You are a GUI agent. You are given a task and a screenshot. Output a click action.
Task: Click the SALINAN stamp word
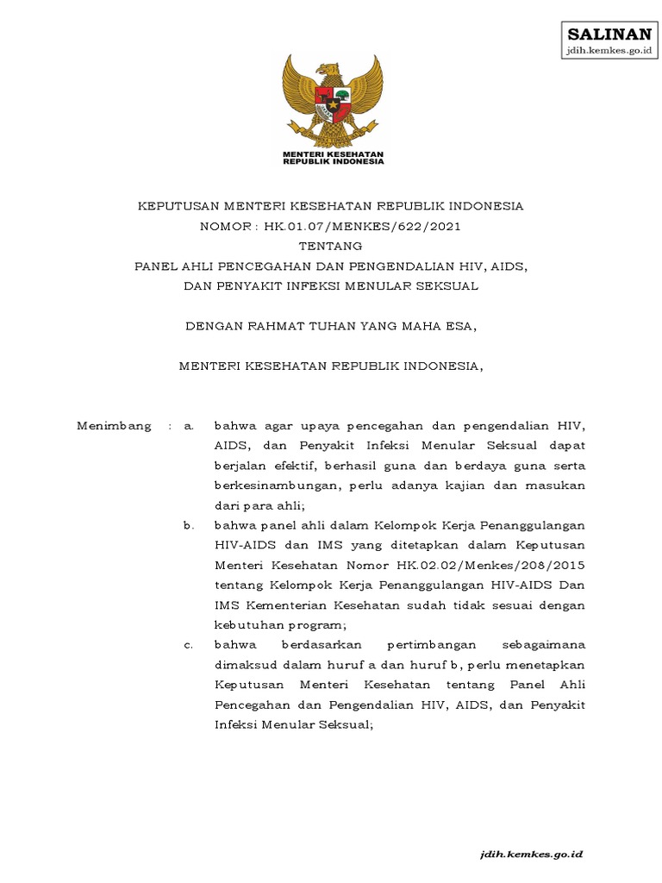pyautogui.click(x=609, y=34)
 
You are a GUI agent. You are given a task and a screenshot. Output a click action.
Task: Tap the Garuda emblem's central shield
pyautogui.click(x=333, y=97)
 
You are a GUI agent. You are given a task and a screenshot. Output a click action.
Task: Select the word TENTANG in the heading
pyautogui.click(x=331, y=246)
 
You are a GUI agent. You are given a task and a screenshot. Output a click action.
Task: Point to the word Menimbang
pyautogui.click(x=114, y=426)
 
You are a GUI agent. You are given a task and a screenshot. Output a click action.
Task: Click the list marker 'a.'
pyautogui.click(x=189, y=426)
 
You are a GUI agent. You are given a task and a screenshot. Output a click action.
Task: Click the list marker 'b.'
pyautogui.click(x=189, y=525)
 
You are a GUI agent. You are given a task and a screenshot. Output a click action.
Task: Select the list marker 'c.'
pyautogui.click(x=189, y=645)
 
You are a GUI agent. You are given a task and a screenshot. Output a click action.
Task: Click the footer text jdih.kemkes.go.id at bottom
pyautogui.click(x=532, y=854)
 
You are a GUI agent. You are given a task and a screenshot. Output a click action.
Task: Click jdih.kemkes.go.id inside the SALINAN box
pyautogui.click(x=609, y=52)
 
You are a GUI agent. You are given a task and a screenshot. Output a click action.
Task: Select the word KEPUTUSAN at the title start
pyautogui.click(x=178, y=206)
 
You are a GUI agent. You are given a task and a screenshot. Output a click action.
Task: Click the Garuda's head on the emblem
pyautogui.click(x=327, y=69)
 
